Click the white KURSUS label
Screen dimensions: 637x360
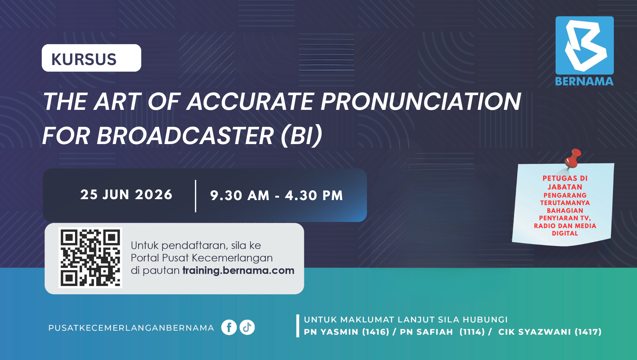[x=91, y=58]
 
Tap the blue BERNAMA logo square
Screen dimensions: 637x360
[x=584, y=45]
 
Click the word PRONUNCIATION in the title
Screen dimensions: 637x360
[x=421, y=101]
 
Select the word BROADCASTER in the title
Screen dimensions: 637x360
[x=185, y=136]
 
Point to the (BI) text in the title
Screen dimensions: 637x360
[x=301, y=136]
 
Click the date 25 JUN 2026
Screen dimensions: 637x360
[x=126, y=195]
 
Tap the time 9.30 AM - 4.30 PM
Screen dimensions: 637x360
[x=277, y=195]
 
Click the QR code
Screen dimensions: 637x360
[x=90, y=258]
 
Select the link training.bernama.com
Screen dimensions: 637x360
[x=238, y=270]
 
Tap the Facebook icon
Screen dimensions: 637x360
[x=229, y=327]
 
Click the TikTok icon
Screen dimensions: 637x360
[x=247, y=327]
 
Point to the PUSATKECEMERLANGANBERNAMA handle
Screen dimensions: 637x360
[x=131, y=328]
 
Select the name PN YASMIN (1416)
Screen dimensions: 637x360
[x=346, y=332]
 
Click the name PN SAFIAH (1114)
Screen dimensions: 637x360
[x=442, y=332]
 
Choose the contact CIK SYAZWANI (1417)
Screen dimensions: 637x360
[x=550, y=332]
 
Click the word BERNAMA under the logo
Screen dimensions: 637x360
[x=584, y=82]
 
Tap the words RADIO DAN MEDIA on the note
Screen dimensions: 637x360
[x=565, y=226]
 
